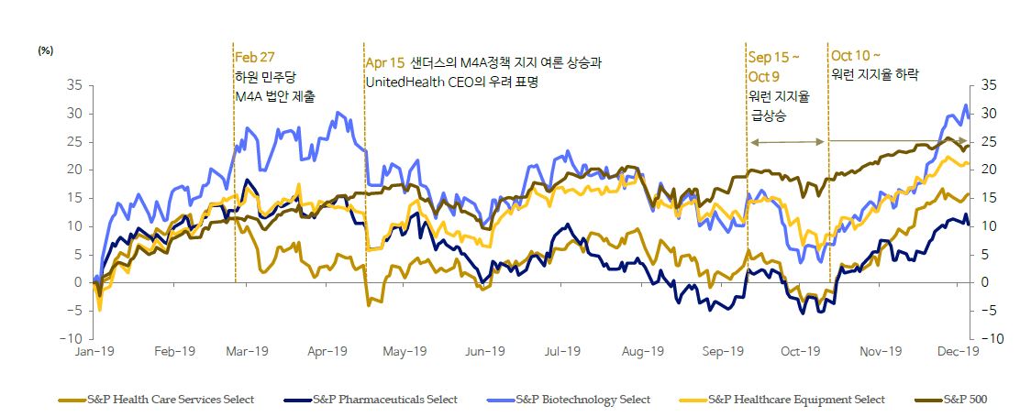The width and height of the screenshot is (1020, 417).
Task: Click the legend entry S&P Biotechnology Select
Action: click(x=582, y=400)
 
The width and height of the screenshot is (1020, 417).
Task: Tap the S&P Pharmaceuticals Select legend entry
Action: click(x=383, y=400)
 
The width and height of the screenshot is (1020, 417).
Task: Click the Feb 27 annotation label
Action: click(x=255, y=57)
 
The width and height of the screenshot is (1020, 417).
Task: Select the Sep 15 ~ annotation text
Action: click(x=774, y=57)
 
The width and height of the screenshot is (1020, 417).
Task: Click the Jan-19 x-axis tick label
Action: click(x=94, y=351)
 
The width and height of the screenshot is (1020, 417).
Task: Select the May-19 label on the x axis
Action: click(x=405, y=351)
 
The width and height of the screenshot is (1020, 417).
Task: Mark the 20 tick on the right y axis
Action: click(x=989, y=170)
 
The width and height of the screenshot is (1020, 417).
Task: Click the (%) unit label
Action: click(x=45, y=51)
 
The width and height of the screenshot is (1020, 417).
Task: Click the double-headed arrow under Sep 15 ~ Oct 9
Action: click(x=787, y=142)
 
